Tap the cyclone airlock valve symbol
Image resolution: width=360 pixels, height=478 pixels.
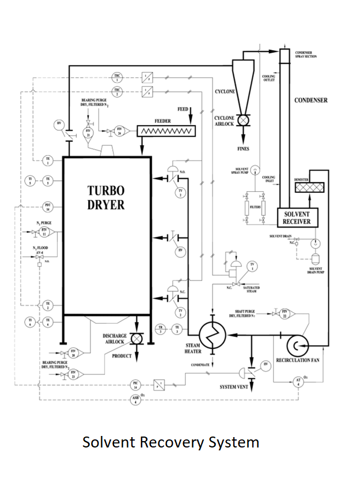pyautogui.click(x=243, y=119)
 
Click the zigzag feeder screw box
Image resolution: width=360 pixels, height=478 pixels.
pyautogui.click(x=166, y=131)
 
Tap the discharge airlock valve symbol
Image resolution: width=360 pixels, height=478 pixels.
pyautogui.click(x=137, y=339)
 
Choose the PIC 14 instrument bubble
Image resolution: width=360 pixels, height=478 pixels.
pyautogui.click(x=136, y=383)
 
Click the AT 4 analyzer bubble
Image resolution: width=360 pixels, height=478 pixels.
pyautogui.click(x=298, y=383)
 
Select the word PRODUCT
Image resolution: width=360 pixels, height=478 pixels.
pyautogui.click(x=122, y=356)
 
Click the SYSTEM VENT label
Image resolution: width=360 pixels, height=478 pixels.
pyautogui.click(x=234, y=386)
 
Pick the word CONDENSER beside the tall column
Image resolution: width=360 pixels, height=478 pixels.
pyautogui.click(x=311, y=100)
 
